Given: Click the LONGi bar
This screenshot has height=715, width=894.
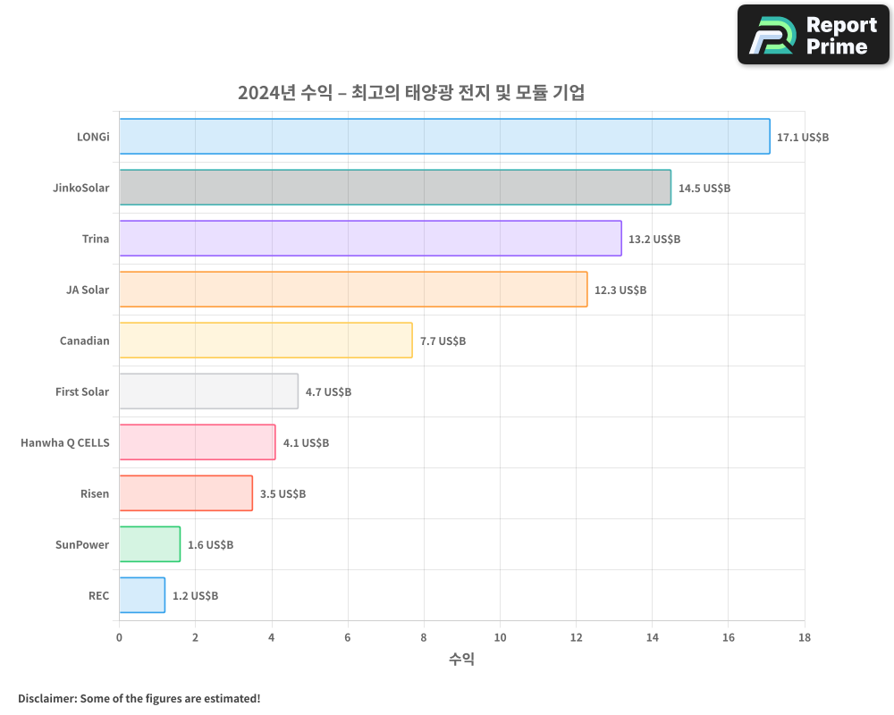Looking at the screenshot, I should (444, 137).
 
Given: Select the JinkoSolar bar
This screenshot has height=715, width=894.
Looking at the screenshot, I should (394, 188).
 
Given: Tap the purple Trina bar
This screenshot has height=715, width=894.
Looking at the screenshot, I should (370, 239).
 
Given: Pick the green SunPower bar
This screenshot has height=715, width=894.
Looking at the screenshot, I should (149, 544).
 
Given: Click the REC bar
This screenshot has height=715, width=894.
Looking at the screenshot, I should (142, 595).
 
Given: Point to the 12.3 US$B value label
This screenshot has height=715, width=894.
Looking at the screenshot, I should (620, 290).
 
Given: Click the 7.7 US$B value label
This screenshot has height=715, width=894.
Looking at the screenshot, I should (443, 341).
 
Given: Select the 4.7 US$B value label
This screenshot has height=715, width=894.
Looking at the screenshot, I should (328, 392).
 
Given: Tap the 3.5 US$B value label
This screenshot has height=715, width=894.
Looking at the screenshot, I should (283, 494).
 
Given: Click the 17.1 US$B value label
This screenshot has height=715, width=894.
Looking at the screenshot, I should (803, 138).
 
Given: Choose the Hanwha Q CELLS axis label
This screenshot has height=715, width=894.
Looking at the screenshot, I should (64, 442).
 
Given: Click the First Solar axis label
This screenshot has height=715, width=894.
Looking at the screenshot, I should (82, 391).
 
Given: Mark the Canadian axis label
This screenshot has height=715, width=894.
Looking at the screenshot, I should (85, 341).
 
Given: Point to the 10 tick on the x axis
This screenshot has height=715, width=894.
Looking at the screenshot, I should (500, 637).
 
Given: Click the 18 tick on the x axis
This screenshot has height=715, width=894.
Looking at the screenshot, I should (805, 637).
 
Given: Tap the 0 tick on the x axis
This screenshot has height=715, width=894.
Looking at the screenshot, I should (119, 637).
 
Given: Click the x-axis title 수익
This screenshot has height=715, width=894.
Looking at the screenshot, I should (461, 660).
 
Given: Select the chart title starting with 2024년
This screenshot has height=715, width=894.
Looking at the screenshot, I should (411, 92).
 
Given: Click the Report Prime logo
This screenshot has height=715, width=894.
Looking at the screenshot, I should (814, 35).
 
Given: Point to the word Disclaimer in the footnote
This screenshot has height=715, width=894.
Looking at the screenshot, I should (46, 698).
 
